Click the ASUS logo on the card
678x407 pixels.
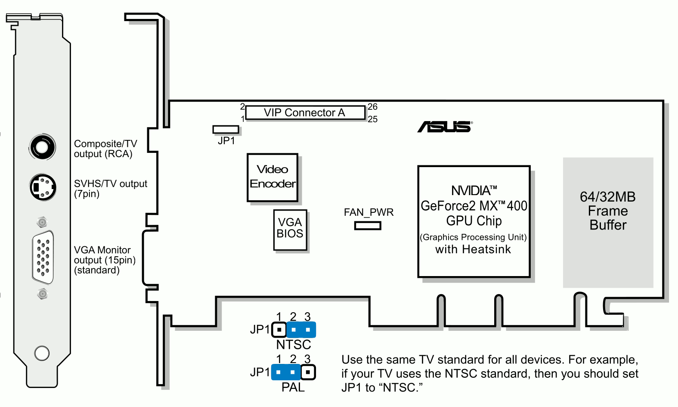pyautogui.click(x=445, y=127)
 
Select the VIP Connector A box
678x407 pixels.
pyautogui.click(x=305, y=113)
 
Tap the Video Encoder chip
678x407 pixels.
pyautogui.click(x=272, y=177)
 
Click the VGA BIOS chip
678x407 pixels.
pyautogui.click(x=290, y=230)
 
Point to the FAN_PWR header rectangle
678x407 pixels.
pyautogui.click(x=368, y=225)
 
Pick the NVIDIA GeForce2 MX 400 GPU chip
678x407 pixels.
pyautogui.click(x=474, y=221)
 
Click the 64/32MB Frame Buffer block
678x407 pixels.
pyautogui.click(x=608, y=222)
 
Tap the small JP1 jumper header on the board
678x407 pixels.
pyautogui.click(x=226, y=129)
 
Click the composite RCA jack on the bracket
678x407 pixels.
pyautogui.click(x=42, y=147)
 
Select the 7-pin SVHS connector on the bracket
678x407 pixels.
pyautogui.click(x=43, y=187)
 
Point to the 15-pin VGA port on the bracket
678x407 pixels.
pyautogui.click(x=43, y=257)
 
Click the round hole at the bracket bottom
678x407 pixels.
pyautogui.click(x=42, y=353)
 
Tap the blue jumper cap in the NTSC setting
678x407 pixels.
pyautogui.click(x=301, y=330)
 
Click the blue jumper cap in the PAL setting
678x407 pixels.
pyautogui.click(x=286, y=372)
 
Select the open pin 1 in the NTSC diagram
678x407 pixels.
pyautogui.click(x=279, y=330)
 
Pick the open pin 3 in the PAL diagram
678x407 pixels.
pyautogui.click(x=308, y=372)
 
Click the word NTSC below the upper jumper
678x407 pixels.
pyautogui.click(x=294, y=345)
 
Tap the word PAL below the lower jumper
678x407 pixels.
pyautogui.click(x=293, y=387)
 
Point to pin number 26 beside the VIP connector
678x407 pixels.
pyautogui.click(x=372, y=107)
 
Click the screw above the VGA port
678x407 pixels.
pyautogui.click(x=42, y=222)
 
